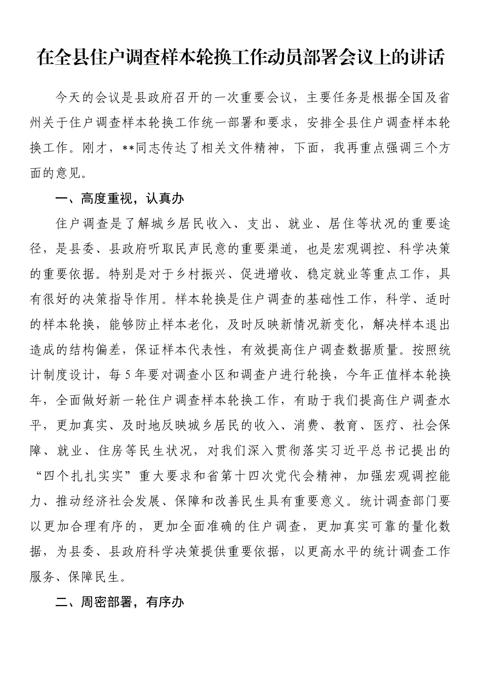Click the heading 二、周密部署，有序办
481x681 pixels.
(x=119, y=602)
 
